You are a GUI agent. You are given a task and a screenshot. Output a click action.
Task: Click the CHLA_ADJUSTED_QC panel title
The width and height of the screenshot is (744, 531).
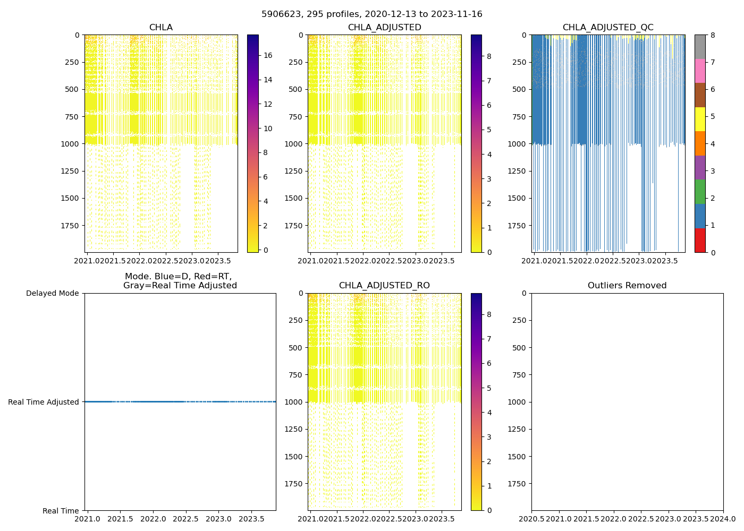pos(608,28)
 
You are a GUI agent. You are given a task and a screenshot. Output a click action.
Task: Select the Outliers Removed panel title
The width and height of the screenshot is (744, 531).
pos(627,286)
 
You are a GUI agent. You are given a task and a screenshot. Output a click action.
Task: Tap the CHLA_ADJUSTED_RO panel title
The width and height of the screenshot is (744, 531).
pos(384,286)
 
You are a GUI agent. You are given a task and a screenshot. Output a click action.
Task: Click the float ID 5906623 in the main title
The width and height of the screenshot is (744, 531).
pos(279,14)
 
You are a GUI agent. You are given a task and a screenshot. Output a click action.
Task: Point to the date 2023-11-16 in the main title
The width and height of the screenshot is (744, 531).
pos(460,14)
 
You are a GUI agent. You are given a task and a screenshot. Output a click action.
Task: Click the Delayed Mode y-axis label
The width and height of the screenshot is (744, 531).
pos(52,293)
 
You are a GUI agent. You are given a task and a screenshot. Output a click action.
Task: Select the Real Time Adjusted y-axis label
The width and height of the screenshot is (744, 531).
pos(44,402)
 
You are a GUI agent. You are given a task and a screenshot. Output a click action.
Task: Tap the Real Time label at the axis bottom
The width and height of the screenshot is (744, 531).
pos(61,511)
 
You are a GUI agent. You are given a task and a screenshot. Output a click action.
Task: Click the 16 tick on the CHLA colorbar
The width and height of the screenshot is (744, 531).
pos(268,55)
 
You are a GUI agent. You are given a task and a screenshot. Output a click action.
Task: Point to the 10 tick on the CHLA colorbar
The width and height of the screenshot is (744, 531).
pos(268,129)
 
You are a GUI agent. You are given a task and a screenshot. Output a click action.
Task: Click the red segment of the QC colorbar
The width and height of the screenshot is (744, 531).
pos(700,240)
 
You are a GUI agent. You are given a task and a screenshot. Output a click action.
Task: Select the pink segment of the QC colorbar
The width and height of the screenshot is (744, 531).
pos(700,71)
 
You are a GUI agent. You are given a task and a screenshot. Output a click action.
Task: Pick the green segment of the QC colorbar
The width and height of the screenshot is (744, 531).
pos(700,192)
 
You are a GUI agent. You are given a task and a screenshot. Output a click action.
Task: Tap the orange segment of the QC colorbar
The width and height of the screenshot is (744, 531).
pos(700,143)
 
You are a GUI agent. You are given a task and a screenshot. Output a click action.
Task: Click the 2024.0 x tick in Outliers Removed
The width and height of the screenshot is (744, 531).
pos(723,519)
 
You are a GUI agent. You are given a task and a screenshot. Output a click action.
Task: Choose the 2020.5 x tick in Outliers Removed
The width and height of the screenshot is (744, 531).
pos(531,519)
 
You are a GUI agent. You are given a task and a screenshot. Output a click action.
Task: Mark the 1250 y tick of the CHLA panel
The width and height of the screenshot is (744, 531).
pos(72,171)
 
